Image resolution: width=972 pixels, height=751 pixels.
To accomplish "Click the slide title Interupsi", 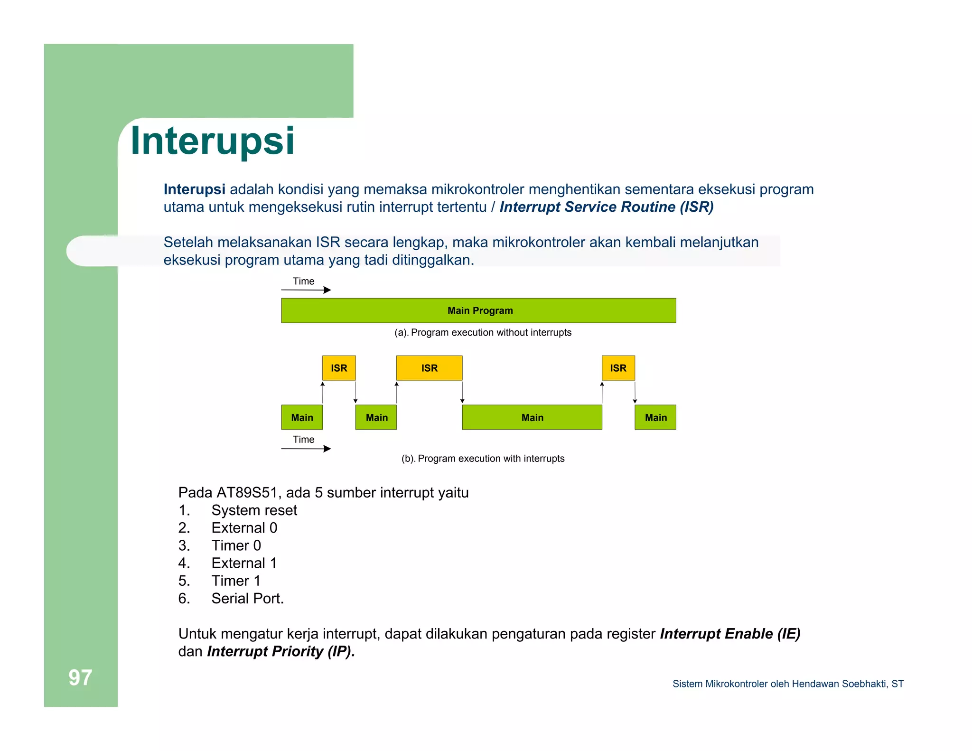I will (x=212, y=141).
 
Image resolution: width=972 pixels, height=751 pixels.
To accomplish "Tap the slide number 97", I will (x=80, y=677).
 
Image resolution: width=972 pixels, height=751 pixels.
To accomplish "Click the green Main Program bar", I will (x=478, y=310).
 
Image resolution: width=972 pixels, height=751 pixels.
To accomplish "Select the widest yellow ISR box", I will (x=429, y=368).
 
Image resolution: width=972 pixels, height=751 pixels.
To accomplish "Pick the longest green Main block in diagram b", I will (x=532, y=417).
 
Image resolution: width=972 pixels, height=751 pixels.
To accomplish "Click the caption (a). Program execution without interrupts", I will (x=483, y=332).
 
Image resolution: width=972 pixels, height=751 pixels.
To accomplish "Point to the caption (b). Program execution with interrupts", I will (x=483, y=459).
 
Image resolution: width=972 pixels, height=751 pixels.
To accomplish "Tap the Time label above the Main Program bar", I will (x=303, y=281).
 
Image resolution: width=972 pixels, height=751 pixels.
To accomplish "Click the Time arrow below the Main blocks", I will (x=306, y=449).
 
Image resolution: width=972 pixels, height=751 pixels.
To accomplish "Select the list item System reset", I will (x=254, y=510).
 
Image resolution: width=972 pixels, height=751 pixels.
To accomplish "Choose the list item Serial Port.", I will (x=247, y=599).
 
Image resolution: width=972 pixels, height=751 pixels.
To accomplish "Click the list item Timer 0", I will (x=236, y=545).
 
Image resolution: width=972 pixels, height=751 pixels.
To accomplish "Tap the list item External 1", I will (x=244, y=563).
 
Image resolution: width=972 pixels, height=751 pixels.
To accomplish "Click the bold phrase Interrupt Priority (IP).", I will (x=281, y=651).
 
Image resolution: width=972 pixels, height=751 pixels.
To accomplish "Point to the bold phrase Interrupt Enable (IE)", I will (x=730, y=634).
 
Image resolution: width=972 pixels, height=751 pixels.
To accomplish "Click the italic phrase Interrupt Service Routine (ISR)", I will (x=606, y=207).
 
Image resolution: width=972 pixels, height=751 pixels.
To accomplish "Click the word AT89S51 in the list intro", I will (x=246, y=493).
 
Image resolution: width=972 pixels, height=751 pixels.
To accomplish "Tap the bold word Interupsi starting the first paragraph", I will (x=194, y=189).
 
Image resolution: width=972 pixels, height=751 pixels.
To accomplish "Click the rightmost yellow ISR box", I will (x=618, y=368).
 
